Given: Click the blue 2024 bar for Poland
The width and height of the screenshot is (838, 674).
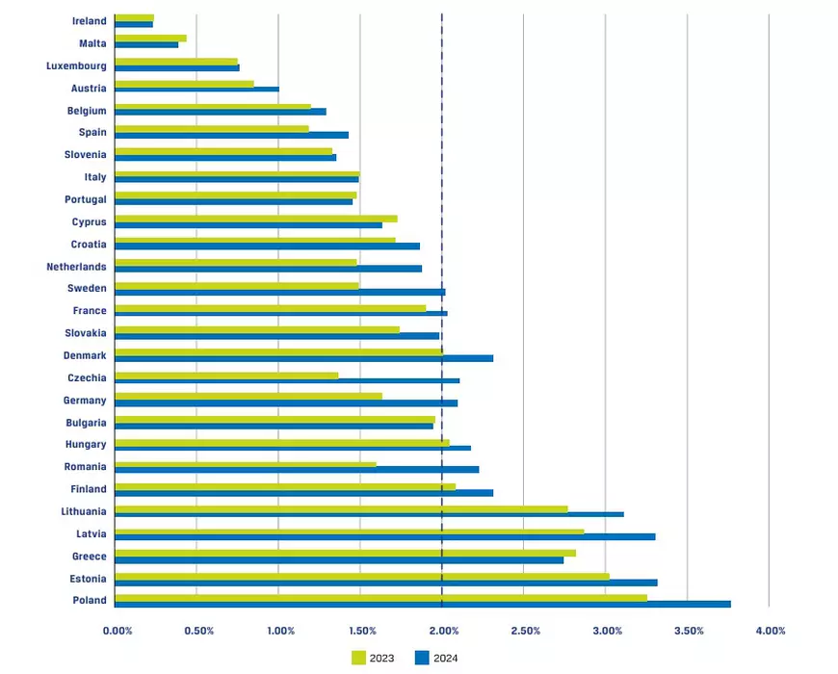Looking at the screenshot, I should click(422, 604).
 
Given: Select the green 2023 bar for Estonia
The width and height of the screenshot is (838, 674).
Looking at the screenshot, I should click(361, 576).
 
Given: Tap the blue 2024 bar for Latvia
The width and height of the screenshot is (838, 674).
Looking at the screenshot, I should click(384, 536).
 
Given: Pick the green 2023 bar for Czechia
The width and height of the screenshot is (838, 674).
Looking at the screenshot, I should click(226, 375).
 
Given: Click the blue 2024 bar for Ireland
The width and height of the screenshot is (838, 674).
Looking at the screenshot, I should click(133, 24).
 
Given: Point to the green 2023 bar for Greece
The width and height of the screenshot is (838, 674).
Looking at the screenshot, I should click(345, 553).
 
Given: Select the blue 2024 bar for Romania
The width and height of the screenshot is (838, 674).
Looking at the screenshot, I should click(297, 470).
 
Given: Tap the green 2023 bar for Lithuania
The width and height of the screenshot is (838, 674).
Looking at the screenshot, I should click(341, 508).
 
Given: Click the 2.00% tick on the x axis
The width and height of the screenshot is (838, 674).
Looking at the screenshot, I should click(442, 631).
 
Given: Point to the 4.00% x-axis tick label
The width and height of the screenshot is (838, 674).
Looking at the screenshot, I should click(771, 631).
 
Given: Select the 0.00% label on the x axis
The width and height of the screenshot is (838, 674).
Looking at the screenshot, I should click(117, 631).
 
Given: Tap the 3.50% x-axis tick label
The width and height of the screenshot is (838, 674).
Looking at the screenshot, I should click(689, 631).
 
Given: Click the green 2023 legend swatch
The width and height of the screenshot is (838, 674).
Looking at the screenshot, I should click(357, 658).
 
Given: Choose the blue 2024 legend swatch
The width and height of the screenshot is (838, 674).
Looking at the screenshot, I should click(421, 658).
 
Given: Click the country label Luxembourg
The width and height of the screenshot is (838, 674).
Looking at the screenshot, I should click(76, 65).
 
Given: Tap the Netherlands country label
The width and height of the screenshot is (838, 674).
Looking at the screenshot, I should click(76, 266).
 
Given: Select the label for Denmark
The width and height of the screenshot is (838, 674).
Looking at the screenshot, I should click(85, 355).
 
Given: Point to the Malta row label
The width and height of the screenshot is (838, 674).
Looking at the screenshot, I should click(92, 43).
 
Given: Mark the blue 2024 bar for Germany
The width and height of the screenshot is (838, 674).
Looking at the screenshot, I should click(286, 402).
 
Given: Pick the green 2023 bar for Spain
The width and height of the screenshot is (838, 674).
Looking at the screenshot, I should click(211, 128).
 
